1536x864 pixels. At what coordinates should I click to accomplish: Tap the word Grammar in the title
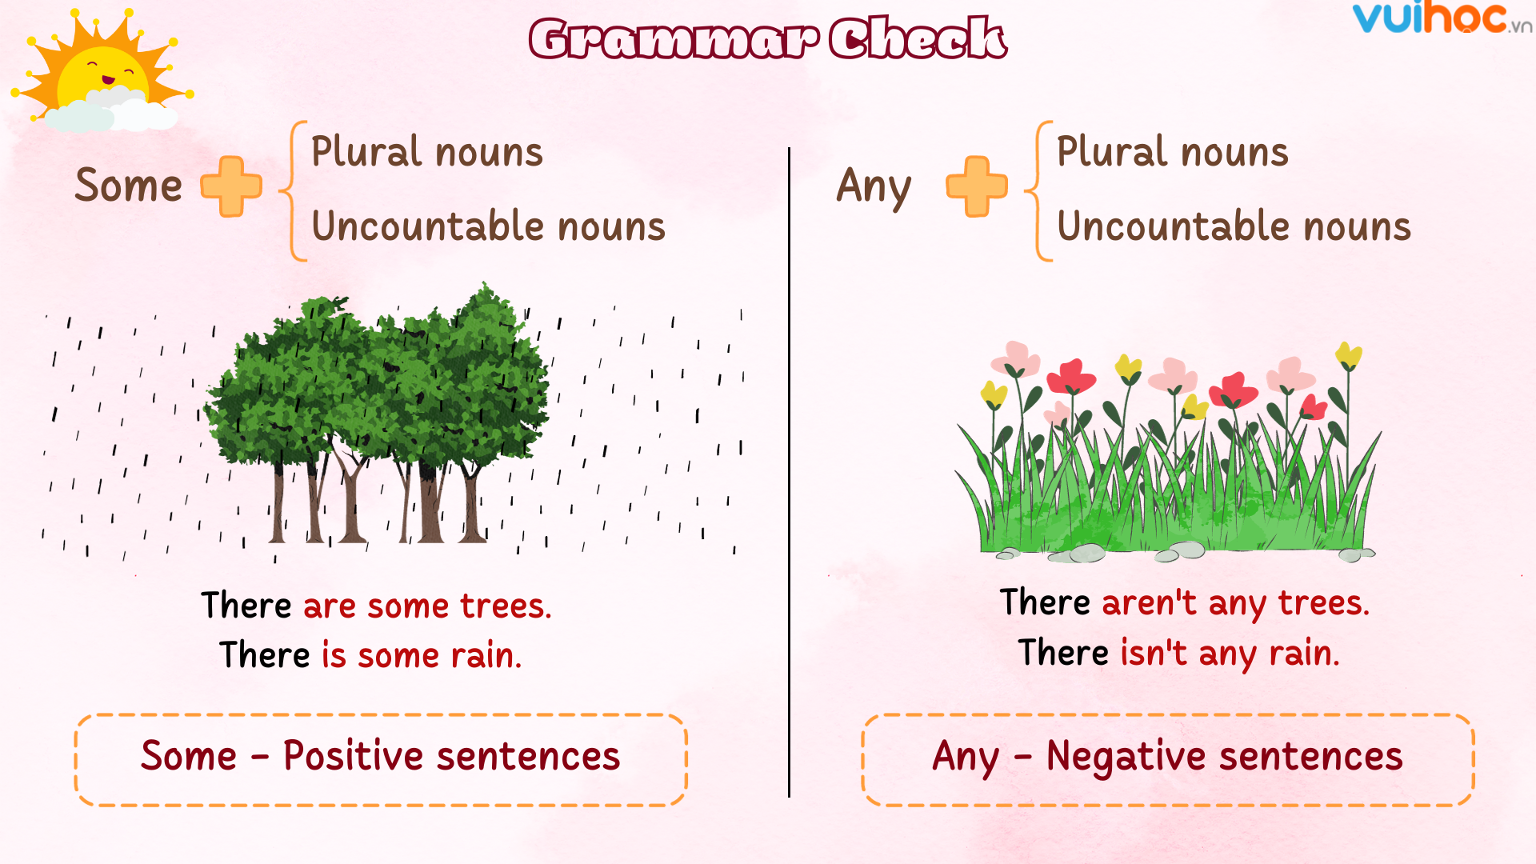click(674, 38)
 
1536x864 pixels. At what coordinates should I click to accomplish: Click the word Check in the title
click(917, 38)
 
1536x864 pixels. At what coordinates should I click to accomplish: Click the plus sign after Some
click(231, 186)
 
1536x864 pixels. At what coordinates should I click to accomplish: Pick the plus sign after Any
click(977, 186)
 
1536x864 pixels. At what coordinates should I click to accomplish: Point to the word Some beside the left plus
click(129, 186)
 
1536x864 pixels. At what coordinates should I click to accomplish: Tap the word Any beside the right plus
click(874, 187)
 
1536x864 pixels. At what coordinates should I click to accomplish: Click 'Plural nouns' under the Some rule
click(427, 152)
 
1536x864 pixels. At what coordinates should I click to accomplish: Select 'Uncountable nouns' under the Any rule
click(1234, 226)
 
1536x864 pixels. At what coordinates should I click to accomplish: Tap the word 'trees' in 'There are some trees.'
click(506, 606)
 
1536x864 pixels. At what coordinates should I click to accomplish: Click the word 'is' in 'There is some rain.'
click(334, 655)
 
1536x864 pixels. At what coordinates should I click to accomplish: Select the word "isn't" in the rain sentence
click(1154, 653)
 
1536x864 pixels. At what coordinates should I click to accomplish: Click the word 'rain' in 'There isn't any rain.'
click(1304, 653)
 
